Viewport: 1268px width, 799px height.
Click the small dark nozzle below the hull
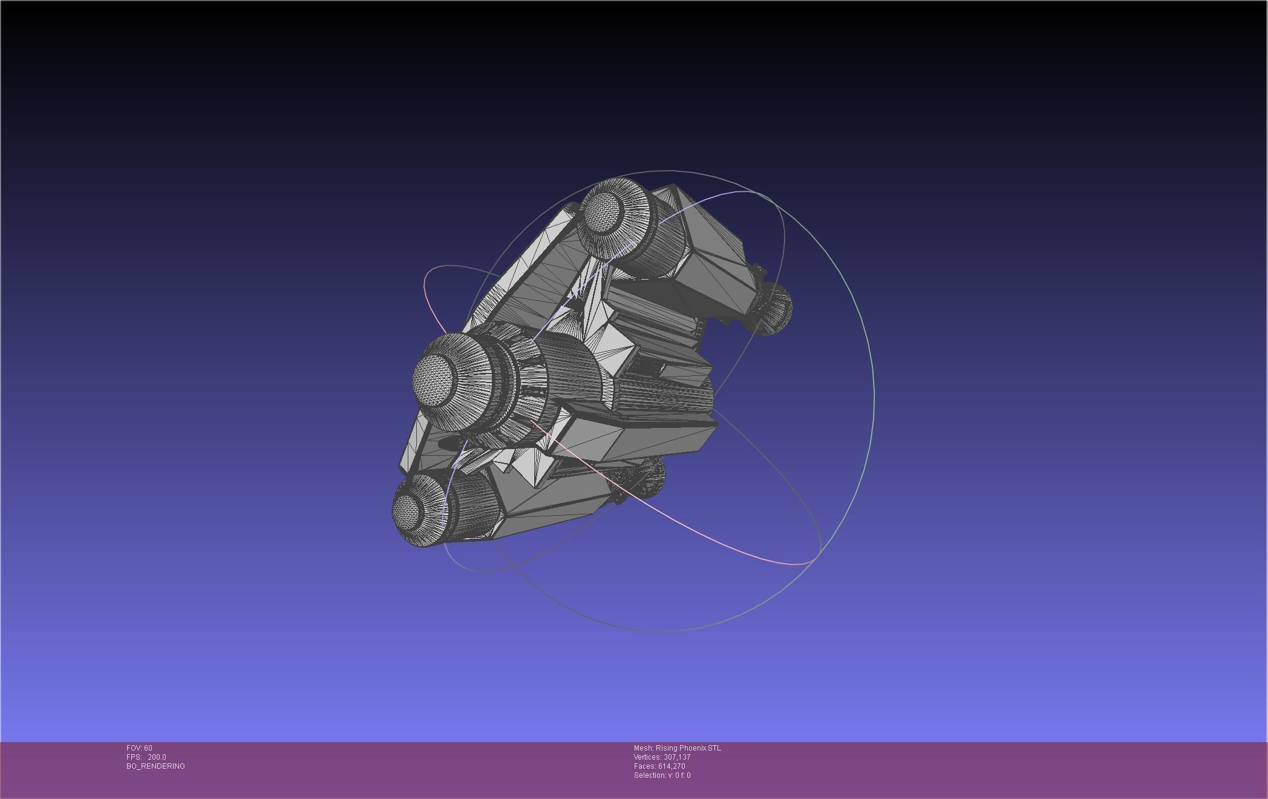tap(650, 475)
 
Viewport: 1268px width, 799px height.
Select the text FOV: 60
tap(139, 748)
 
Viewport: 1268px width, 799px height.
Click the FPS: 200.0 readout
tap(146, 757)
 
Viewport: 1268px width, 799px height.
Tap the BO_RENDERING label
tap(155, 766)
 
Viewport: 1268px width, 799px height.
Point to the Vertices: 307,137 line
tap(662, 757)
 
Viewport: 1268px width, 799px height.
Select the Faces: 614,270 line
tap(659, 766)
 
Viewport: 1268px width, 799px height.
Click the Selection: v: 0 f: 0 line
tap(662, 775)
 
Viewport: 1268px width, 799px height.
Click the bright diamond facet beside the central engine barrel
tap(614, 351)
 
